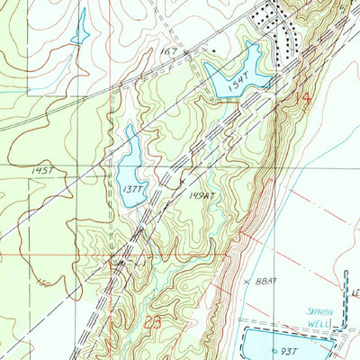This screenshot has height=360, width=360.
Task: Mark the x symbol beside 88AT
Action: tap(247, 282)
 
